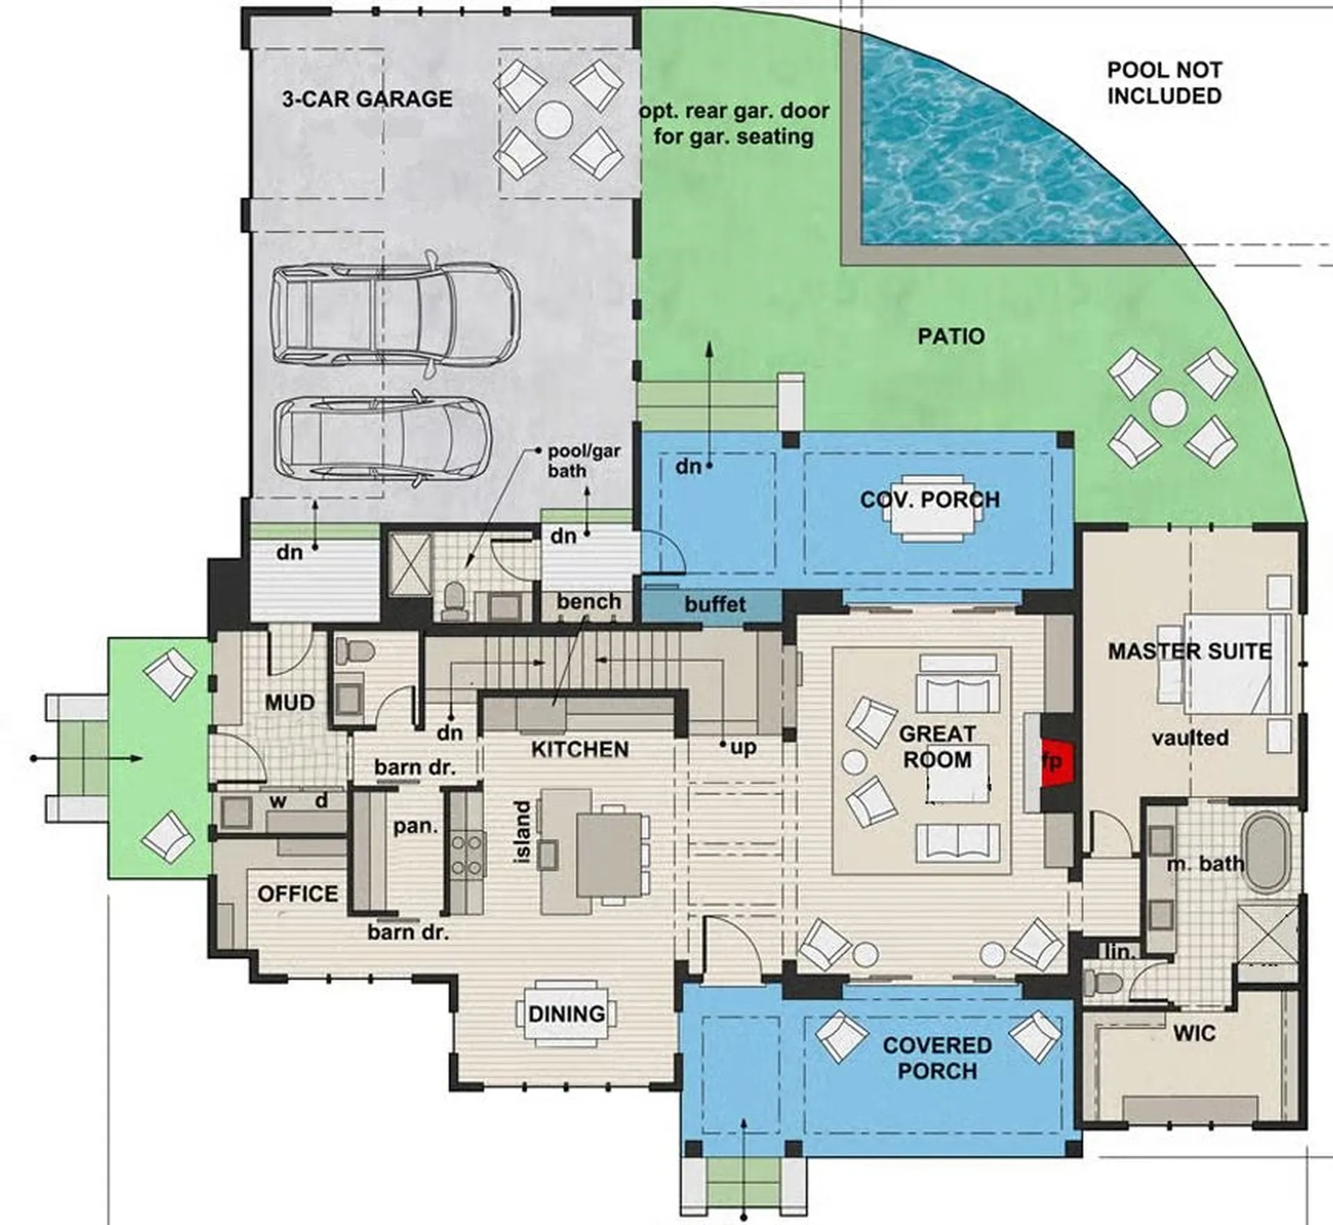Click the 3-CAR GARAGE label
tap(367, 99)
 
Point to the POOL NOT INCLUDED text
tap(1164, 83)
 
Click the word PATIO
tap(951, 337)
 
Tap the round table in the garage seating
tap(553, 119)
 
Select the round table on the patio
tap(1168, 408)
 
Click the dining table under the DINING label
tap(567, 1013)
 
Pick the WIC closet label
tap(1194, 1034)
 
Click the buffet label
tap(715, 604)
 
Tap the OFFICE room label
tap(298, 893)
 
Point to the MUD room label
tap(290, 702)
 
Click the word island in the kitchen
tap(523, 832)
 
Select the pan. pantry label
tap(416, 826)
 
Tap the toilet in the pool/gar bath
tap(455, 601)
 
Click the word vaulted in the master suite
tap(1190, 737)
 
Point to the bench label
tap(589, 601)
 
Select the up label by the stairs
tap(743, 748)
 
